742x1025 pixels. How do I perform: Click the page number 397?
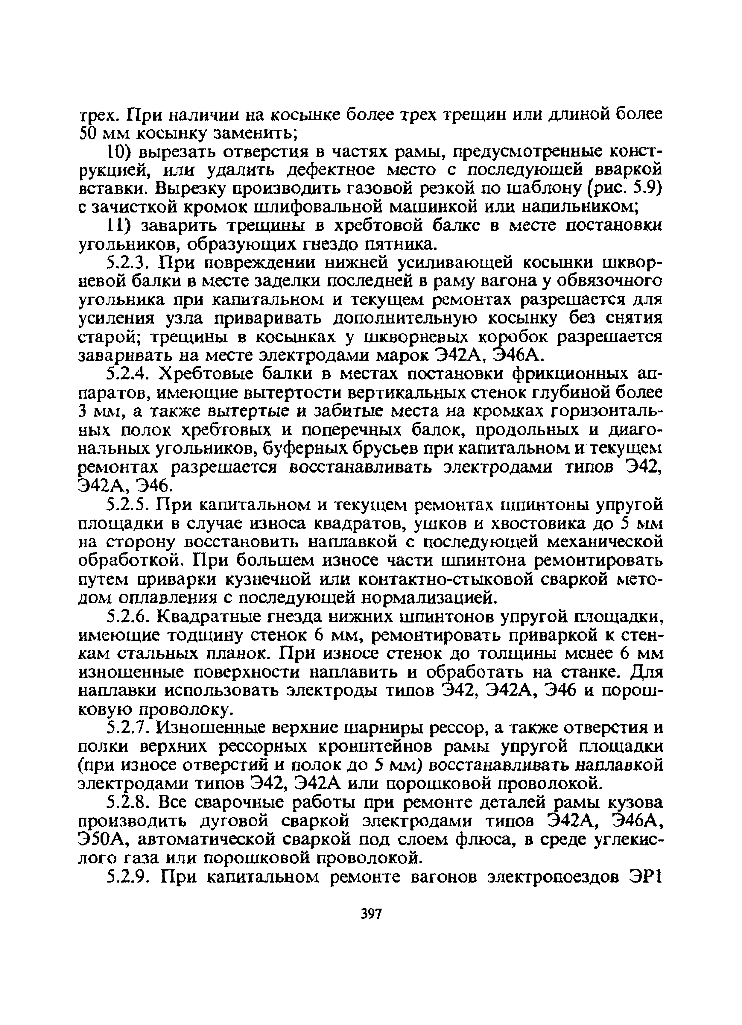372,914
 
